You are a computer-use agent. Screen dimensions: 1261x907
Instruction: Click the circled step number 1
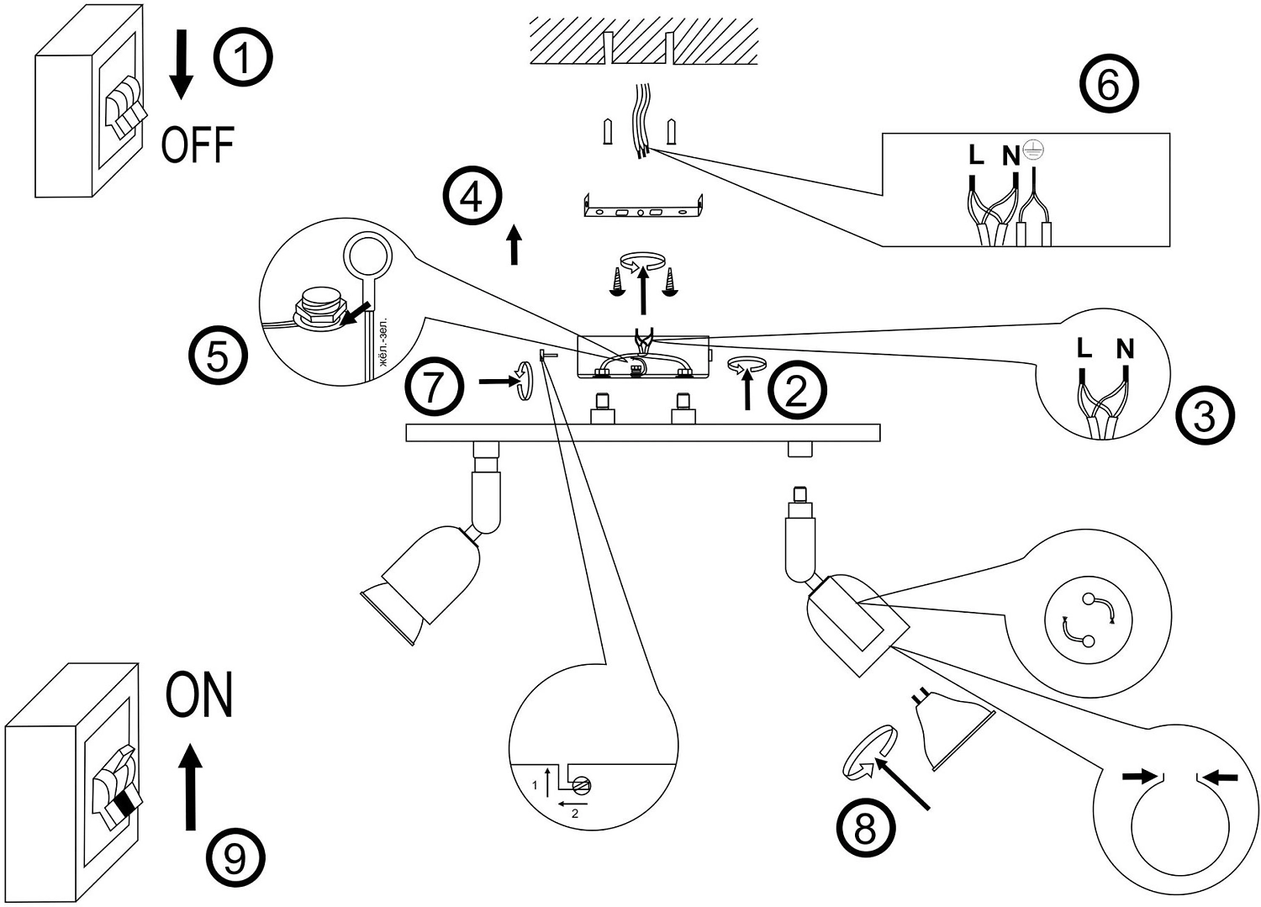(x=243, y=57)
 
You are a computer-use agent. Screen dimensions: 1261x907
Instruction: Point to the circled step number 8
(x=865, y=829)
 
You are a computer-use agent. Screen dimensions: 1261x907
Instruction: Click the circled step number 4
(x=472, y=195)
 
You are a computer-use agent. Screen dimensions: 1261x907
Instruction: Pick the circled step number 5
(x=218, y=356)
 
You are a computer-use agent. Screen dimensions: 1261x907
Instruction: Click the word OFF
(x=198, y=145)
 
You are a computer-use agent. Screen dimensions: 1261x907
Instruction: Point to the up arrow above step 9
(x=191, y=787)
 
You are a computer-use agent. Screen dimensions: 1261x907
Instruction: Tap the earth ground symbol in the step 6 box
(x=1033, y=150)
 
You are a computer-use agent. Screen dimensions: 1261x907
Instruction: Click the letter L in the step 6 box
(x=976, y=155)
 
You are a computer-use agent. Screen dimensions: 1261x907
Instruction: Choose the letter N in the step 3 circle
(x=1126, y=350)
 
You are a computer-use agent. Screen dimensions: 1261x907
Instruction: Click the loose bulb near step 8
(x=953, y=728)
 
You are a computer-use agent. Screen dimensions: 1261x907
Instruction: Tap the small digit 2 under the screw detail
(x=575, y=814)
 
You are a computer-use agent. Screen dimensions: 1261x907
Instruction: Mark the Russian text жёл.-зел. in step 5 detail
(x=384, y=343)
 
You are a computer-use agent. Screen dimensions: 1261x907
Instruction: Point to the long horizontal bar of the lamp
(x=643, y=432)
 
